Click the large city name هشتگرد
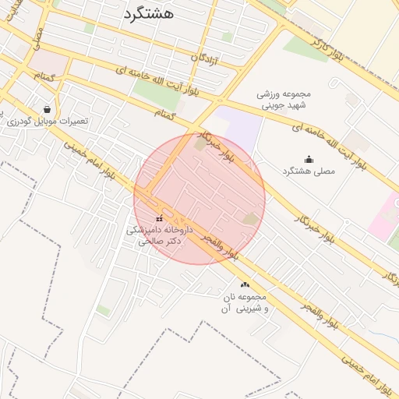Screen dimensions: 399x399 click(x=149, y=13)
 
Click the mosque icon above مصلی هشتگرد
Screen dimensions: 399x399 click(x=309, y=159)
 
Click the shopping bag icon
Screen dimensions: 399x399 click(x=48, y=109)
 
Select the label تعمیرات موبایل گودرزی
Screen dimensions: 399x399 click(x=47, y=122)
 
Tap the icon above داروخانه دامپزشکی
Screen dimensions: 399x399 click(x=160, y=218)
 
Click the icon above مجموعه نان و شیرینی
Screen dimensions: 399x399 click(x=245, y=285)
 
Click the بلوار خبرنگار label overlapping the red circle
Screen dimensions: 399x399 click(x=221, y=145)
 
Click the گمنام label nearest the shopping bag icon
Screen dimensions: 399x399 click(x=43, y=76)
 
